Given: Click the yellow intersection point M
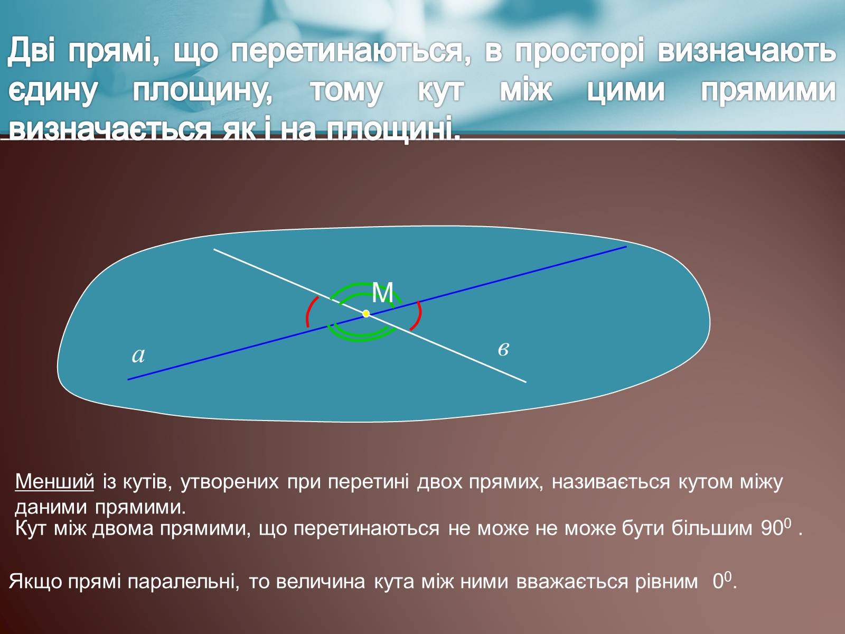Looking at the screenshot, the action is point(366,314).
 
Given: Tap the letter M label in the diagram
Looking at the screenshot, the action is point(383,293).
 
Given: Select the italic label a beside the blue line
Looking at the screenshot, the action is point(138,355).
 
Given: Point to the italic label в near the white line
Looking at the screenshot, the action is point(503,349).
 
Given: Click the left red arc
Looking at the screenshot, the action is point(309,312).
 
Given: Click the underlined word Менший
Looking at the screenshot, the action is point(55,481).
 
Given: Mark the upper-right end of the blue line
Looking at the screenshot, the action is point(626,246).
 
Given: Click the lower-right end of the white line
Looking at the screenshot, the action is point(526,382).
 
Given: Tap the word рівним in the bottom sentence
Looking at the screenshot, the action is point(666,582).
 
